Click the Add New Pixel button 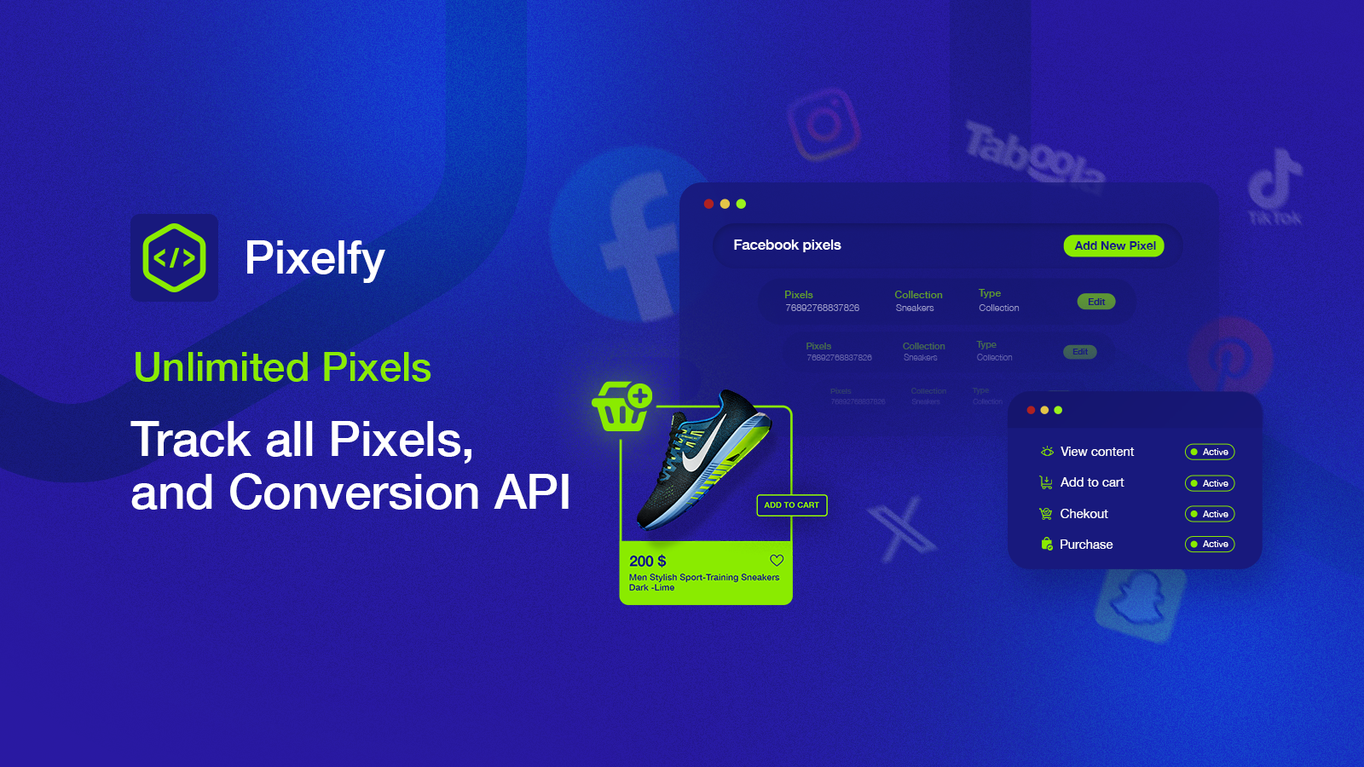[x=1113, y=245]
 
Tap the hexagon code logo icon [x=175, y=257]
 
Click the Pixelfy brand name [x=315, y=258]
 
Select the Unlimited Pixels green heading [x=282, y=368]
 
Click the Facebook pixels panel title [x=787, y=245]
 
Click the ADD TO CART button [x=791, y=505]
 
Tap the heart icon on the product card [x=777, y=561]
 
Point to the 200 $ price [x=648, y=562]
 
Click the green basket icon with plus [x=622, y=407]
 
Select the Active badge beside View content [x=1209, y=453]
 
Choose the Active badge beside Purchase [x=1209, y=545]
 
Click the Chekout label [x=1084, y=514]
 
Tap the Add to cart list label [x=1092, y=482]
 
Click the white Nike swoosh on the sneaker [x=704, y=447]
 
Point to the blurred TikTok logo [x=1275, y=183]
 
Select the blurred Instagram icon [x=824, y=124]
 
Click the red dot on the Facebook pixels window [x=708, y=204]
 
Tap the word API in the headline [x=532, y=493]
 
